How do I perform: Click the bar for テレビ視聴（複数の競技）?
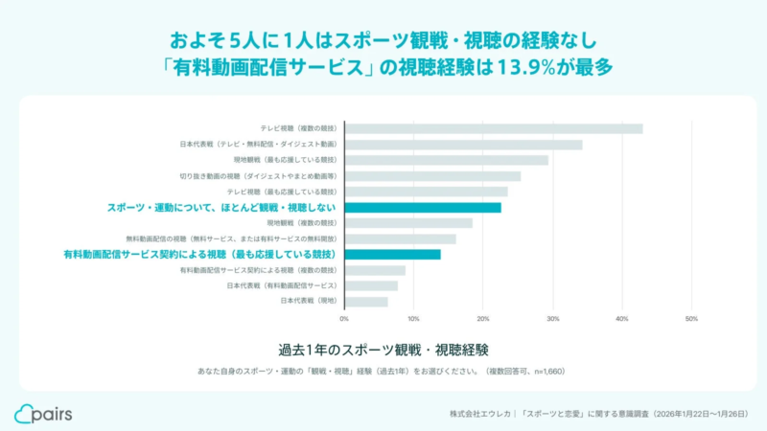tap(494, 128)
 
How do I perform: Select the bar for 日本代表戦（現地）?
tap(366, 301)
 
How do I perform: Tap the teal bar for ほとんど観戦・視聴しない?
tap(423, 207)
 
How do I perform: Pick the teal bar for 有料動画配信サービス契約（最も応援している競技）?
tap(393, 254)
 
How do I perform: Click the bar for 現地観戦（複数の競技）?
tap(408, 223)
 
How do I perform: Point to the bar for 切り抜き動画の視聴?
tap(432, 176)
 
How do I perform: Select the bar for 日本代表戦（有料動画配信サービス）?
tap(371, 285)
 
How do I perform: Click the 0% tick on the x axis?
tap(344, 319)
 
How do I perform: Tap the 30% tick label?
tap(552, 319)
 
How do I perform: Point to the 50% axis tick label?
tap(691, 319)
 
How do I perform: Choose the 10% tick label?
tap(413, 319)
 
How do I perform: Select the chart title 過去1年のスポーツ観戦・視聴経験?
tap(383, 347)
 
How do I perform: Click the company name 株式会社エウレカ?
tap(478, 415)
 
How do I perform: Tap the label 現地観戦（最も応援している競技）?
tap(285, 160)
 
